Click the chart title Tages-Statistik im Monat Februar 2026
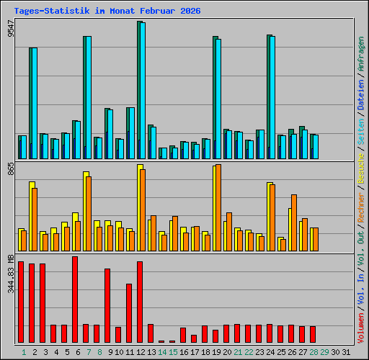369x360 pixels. [x=107, y=12]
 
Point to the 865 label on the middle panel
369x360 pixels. [x=10, y=170]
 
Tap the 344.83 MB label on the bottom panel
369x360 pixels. [x=10, y=274]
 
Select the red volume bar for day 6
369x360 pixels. [x=75, y=300]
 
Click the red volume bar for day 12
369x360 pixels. [x=140, y=302]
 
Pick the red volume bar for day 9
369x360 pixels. [x=107, y=305]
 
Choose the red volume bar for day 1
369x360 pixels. [x=21, y=302]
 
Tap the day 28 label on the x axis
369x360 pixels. [x=314, y=352]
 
